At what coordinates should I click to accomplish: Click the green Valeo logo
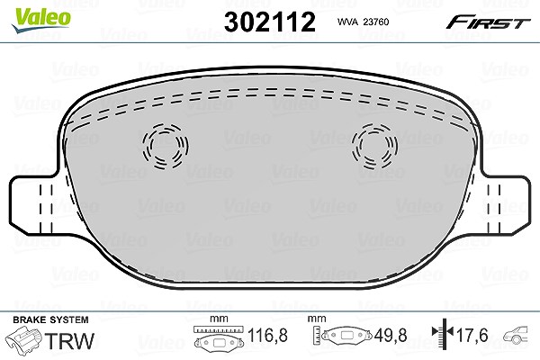40,21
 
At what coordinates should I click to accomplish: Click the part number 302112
270,22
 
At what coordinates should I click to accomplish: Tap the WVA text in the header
348,22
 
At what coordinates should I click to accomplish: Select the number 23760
376,22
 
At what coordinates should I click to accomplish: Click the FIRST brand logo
488,22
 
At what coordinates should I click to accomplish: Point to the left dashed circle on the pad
166,147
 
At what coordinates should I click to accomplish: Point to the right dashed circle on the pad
374,147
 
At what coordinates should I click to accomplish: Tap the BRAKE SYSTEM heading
50,319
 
